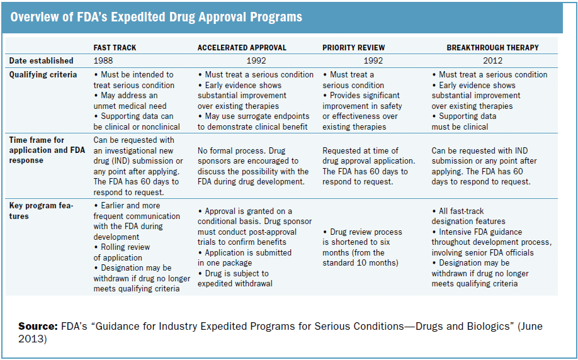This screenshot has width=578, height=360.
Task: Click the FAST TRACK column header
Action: (115, 47)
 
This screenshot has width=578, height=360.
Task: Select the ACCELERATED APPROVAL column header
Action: (242, 47)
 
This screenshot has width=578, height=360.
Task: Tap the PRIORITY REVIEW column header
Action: (353, 47)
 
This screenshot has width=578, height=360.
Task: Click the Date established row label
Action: (41, 61)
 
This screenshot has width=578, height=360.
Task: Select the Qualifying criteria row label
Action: (42, 74)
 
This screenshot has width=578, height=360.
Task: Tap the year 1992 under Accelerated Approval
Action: (256, 61)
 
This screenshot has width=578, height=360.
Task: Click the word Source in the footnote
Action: (38, 327)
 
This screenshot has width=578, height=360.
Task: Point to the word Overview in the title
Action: (35, 17)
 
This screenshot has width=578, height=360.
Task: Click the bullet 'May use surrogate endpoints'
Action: (252, 116)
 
